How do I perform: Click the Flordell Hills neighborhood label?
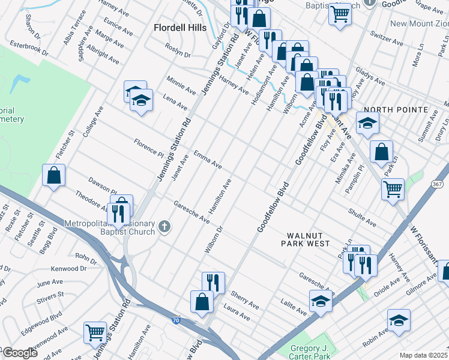point(179,28)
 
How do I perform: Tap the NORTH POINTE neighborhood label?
point(396,110)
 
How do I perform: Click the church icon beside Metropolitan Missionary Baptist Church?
point(165,227)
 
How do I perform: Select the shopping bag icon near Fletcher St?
point(53,176)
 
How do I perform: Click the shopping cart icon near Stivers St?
point(95,332)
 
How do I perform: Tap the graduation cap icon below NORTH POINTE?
point(367,124)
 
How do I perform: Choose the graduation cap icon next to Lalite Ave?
point(321,301)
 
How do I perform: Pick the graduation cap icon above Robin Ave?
point(398,320)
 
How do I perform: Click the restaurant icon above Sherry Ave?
point(212,283)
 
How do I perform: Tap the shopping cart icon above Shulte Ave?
point(393,188)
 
